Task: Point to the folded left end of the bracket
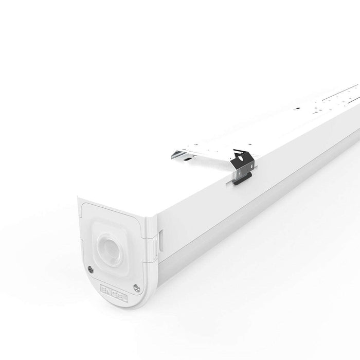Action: tap(178, 152)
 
